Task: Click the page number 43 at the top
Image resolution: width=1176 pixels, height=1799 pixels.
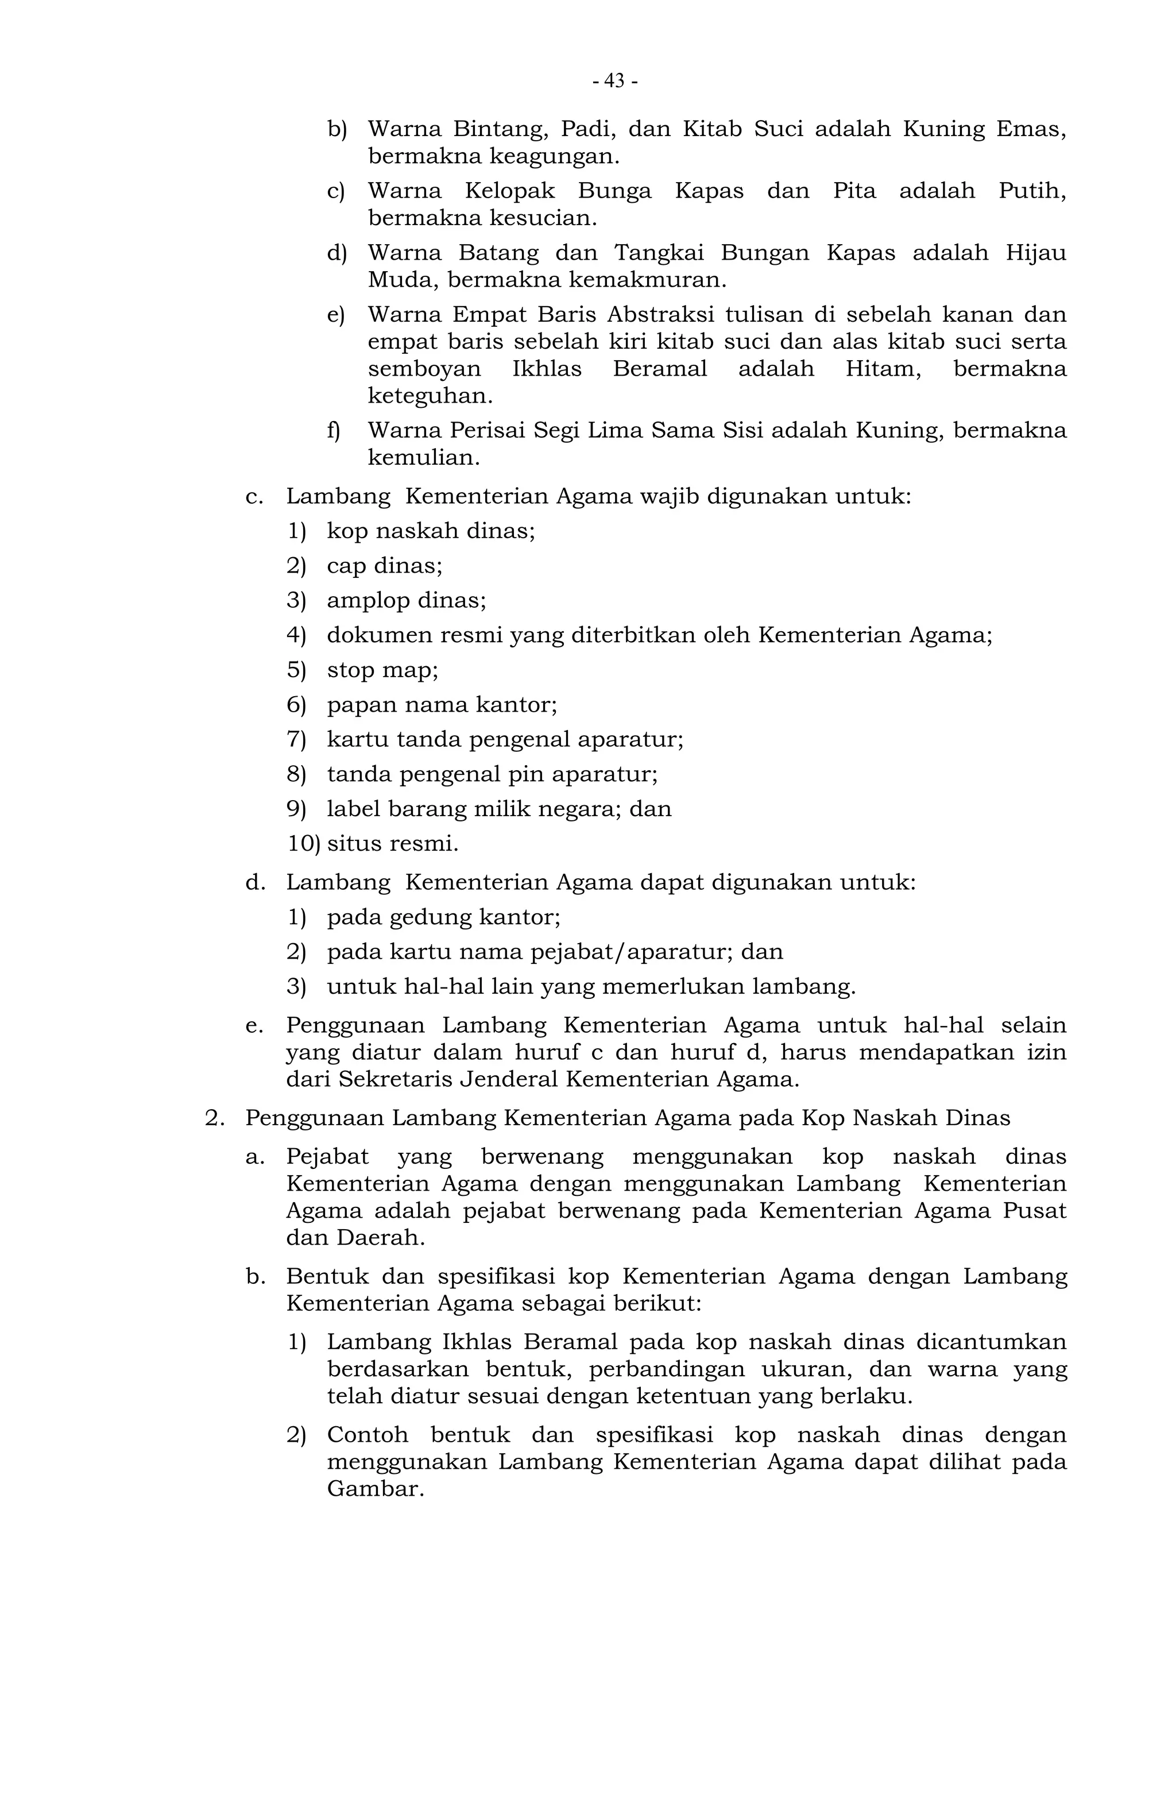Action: click(x=614, y=81)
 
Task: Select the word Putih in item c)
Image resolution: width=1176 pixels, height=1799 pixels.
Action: click(x=1032, y=191)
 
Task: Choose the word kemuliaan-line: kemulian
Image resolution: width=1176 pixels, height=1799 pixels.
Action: click(x=423, y=458)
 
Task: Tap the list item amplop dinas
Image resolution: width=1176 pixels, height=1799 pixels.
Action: click(x=406, y=601)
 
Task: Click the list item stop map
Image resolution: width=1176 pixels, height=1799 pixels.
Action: click(x=382, y=670)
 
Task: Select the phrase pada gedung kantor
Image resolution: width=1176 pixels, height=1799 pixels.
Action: click(x=443, y=918)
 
